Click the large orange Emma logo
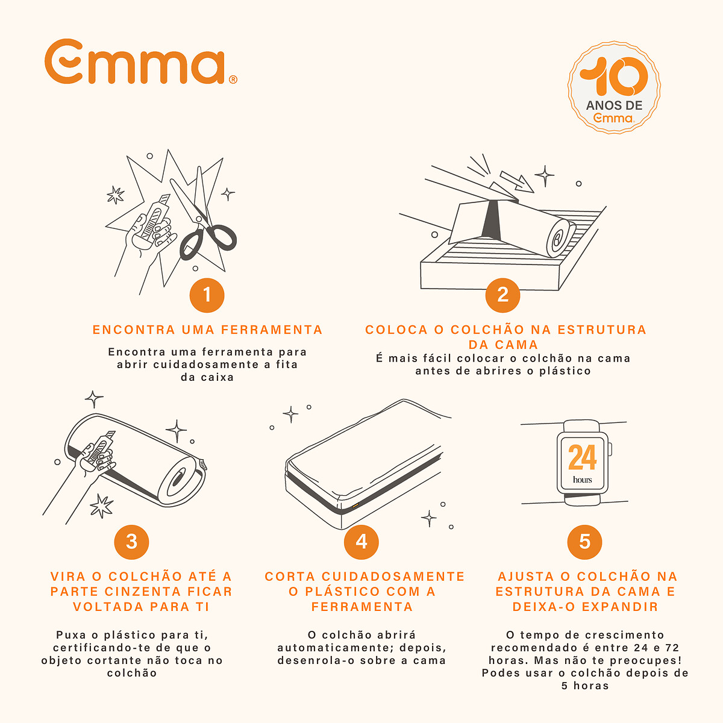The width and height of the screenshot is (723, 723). tap(141, 61)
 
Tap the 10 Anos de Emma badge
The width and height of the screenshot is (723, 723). tap(614, 87)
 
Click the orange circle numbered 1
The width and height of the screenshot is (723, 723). tap(207, 295)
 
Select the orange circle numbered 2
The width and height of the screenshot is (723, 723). tap(502, 295)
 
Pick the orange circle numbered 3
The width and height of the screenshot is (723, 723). tap(132, 542)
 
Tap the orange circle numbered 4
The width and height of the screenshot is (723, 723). tap(361, 542)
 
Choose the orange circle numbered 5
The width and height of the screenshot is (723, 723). tap(584, 542)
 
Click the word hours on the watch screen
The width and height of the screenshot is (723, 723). tap(582, 480)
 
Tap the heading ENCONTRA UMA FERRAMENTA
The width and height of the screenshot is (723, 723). tap(207, 330)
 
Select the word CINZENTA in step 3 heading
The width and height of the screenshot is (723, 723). tap(143, 592)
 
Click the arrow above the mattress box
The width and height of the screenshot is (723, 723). tap(517, 182)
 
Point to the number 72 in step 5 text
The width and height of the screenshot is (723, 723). tap(672, 648)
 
